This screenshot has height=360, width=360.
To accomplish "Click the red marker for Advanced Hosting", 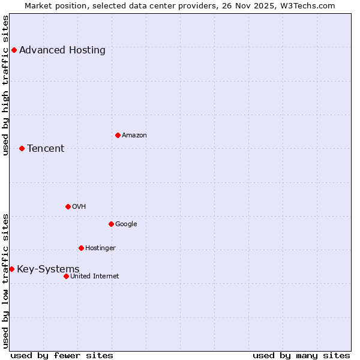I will tap(14, 50).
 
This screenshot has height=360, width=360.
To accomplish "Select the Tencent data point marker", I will tap(22, 148).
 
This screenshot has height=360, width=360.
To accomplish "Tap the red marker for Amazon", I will tap(118, 135).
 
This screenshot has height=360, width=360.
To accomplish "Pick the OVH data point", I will tap(68, 206).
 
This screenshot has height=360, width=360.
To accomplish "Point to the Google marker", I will tap(111, 224).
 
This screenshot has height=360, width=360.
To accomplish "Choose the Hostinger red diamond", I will tap(81, 248).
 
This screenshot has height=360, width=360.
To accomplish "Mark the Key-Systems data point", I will tap(11, 269).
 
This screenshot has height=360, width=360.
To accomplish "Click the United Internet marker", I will tap(66, 276).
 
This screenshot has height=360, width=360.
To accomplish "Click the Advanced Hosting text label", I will tap(62, 50).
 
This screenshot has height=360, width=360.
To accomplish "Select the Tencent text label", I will tap(46, 148).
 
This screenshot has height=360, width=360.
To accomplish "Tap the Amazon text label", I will tap(134, 135).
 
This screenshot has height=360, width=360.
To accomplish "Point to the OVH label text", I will tap(79, 206).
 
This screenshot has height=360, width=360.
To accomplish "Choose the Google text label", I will tap(126, 224).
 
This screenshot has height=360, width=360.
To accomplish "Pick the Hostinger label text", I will tap(100, 248).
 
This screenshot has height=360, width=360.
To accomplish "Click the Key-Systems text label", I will tap(48, 269).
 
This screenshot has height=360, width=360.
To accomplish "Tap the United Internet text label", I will tap(95, 276).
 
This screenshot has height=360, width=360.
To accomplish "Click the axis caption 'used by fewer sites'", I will tap(62, 355).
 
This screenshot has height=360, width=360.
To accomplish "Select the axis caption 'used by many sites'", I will tap(301, 355).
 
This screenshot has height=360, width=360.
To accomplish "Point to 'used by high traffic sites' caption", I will tap(6, 85).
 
